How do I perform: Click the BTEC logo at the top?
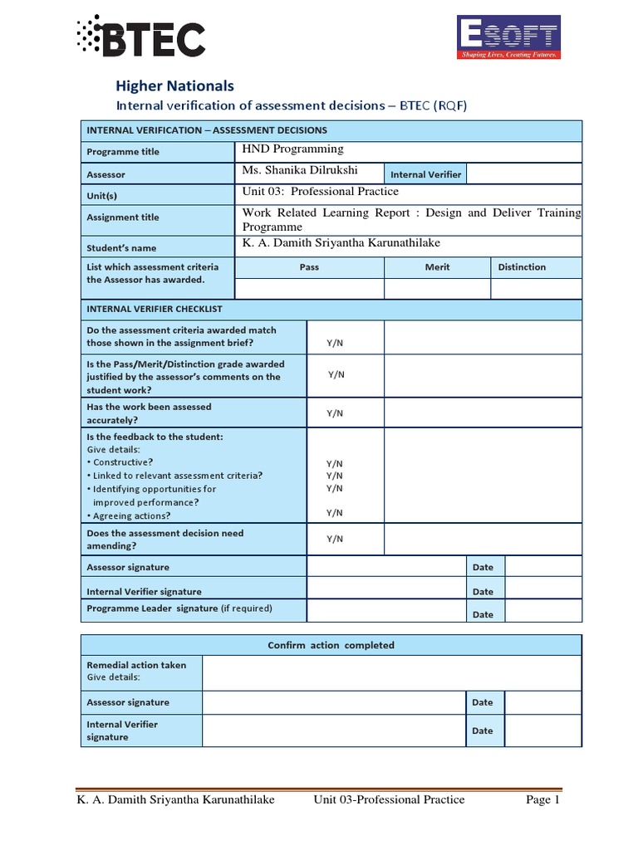tap(140, 38)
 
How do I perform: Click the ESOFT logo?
tap(509, 38)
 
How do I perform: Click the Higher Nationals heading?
tap(174, 85)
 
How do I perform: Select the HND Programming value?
tap(292, 149)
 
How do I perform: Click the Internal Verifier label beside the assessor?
tap(425, 174)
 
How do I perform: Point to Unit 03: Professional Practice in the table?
tap(320, 192)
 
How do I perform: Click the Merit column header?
tap(437, 267)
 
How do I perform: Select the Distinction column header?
tap(522, 267)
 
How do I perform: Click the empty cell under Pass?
tap(309, 288)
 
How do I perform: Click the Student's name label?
tap(121, 248)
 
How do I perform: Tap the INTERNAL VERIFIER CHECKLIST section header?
tap(155, 309)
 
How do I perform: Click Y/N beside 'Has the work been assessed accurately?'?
tap(334, 413)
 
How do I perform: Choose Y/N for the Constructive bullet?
tap(334, 463)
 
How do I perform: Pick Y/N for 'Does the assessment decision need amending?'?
tap(334, 539)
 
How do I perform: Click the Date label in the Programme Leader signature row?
tap(483, 614)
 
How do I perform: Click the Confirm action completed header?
tap(331, 645)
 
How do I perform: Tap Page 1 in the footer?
tap(543, 800)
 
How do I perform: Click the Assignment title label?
tap(123, 217)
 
